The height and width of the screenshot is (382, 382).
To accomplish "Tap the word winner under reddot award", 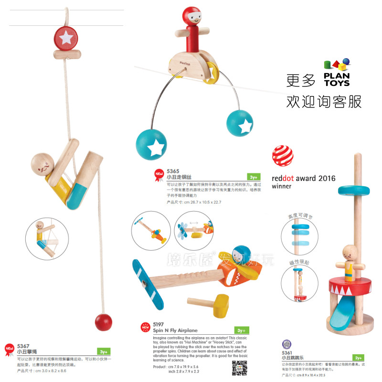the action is click(x=282, y=187).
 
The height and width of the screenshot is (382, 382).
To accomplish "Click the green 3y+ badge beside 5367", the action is click(x=102, y=351).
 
